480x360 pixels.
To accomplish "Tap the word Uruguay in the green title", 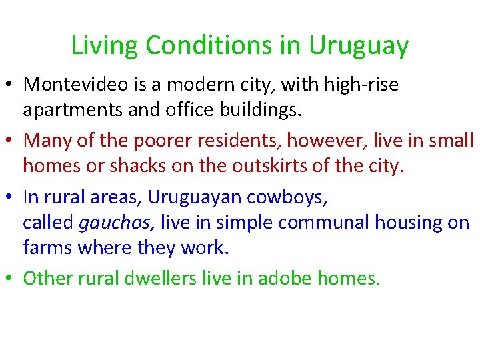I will tap(358, 46).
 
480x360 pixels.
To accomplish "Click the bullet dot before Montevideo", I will tap(11, 85).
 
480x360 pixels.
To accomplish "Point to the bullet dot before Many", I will tap(11, 141).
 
